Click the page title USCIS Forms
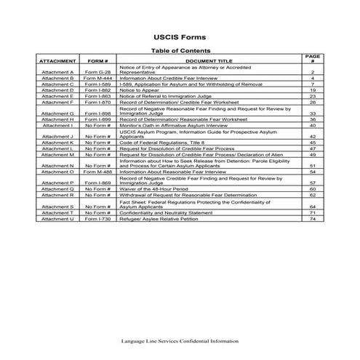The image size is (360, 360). click(x=180, y=35)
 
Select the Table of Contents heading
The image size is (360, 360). click(x=180, y=50)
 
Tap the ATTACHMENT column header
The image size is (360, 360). click(x=58, y=62)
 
